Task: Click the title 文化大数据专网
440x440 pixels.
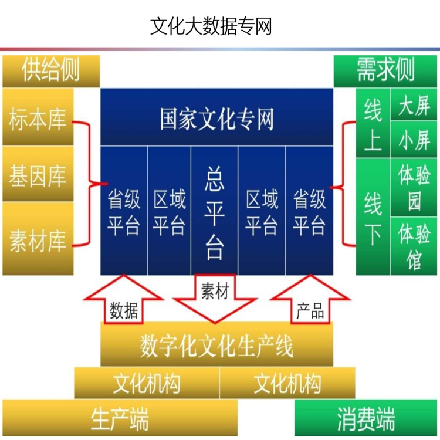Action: [x=211, y=26]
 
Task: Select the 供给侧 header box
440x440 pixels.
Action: [x=51, y=71]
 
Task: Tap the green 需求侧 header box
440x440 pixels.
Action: [x=385, y=71]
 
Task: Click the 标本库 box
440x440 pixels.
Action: [x=38, y=117]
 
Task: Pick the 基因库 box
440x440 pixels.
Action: [x=38, y=174]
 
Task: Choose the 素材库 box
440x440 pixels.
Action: [x=38, y=238]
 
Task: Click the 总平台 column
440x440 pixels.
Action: [x=214, y=211]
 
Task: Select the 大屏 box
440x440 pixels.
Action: [x=414, y=104]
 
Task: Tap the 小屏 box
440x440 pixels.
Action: [x=414, y=140]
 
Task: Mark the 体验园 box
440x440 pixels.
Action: [x=414, y=187]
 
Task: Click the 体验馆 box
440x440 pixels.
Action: [x=414, y=246]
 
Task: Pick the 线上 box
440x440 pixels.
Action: [x=373, y=123]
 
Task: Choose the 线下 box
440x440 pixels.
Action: [x=373, y=216]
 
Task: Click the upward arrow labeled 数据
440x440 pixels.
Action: [x=123, y=300]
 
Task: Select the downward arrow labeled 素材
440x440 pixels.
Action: [x=215, y=298]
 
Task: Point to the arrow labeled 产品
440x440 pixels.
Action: [x=310, y=300]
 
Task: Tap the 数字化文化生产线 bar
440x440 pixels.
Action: [x=216, y=345]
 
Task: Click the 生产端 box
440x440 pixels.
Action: [x=120, y=418]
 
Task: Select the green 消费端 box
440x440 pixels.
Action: [x=366, y=418]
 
